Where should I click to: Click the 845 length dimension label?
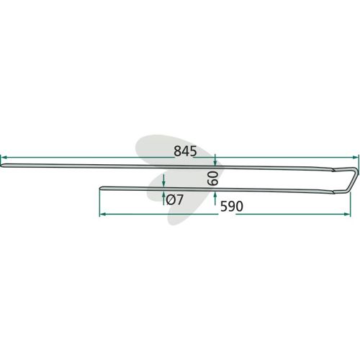coord(185,151)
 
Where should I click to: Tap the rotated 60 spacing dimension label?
coord(212,178)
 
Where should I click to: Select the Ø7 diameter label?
coord(175,199)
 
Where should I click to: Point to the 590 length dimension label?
coord(232,207)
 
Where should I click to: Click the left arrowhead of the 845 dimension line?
coord(4,158)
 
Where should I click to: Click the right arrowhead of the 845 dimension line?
coord(355,157)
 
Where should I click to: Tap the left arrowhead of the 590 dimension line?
coord(103,214)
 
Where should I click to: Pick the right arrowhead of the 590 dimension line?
coord(347,214)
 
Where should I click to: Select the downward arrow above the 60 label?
coord(215,160)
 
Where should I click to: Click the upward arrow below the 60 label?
coord(215,198)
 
